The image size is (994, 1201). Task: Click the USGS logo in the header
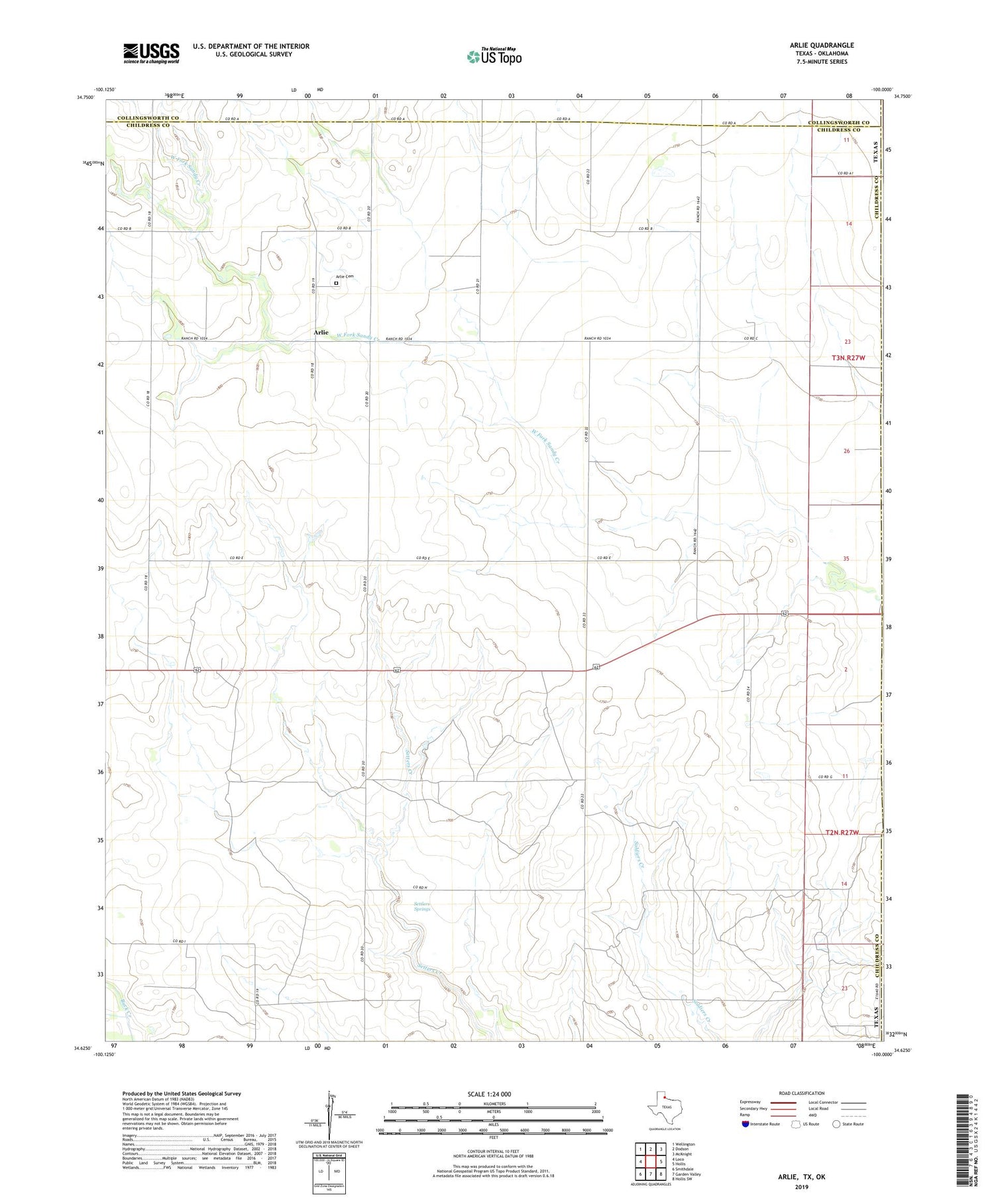(151, 53)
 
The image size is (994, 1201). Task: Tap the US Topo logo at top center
(494, 57)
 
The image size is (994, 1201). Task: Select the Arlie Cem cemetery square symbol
(336, 283)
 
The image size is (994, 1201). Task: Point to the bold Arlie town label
(321, 332)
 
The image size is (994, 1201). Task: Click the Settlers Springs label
(422, 906)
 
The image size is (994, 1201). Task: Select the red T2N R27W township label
(842, 833)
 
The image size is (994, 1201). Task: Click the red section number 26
(846, 451)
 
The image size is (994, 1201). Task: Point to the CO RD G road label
(824, 776)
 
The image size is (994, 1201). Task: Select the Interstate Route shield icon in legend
(745, 1124)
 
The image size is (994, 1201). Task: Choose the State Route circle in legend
(836, 1123)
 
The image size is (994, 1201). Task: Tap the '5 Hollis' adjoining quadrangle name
(679, 1163)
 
